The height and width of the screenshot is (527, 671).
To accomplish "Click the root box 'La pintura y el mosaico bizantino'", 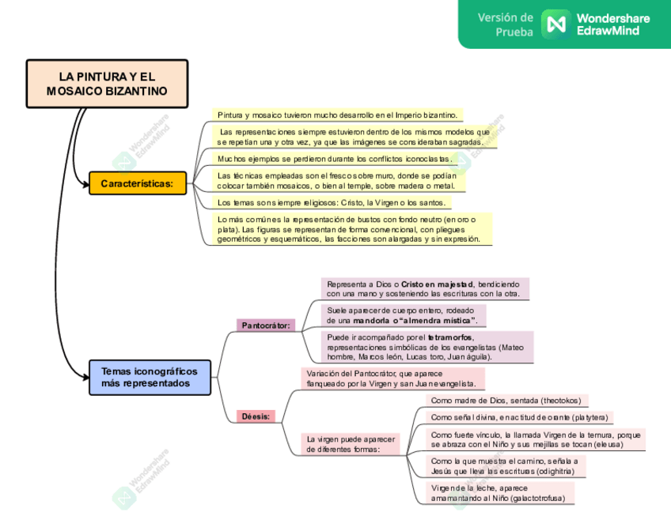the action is pyautogui.click(x=107, y=84).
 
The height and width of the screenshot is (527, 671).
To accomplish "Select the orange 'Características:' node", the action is pyautogui.click(x=137, y=183).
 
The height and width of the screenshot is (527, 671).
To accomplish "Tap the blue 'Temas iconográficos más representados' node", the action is pyautogui.click(x=150, y=376).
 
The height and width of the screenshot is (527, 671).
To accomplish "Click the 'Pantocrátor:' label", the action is pyautogui.click(x=266, y=325).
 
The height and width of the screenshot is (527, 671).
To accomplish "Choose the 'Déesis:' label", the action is pyautogui.click(x=256, y=416).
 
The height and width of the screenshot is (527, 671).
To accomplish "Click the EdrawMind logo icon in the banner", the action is pyautogui.click(x=555, y=23).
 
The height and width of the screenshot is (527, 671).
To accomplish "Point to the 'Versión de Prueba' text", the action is pyautogui.click(x=505, y=24).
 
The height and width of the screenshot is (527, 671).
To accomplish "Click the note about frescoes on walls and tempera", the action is pyautogui.click(x=337, y=180).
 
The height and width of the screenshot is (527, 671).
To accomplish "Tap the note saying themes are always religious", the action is pyautogui.click(x=332, y=202).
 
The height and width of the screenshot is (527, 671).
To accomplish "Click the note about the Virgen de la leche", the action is pyautogui.click(x=499, y=494).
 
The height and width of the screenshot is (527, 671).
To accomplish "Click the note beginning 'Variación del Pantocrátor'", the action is pyautogui.click(x=392, y=378).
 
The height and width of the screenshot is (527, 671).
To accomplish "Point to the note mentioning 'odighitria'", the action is pyautogui.click(x=505, y=466).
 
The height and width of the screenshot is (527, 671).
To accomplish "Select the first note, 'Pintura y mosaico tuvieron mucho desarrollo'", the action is pyautogui.click(x=339, y=115).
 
